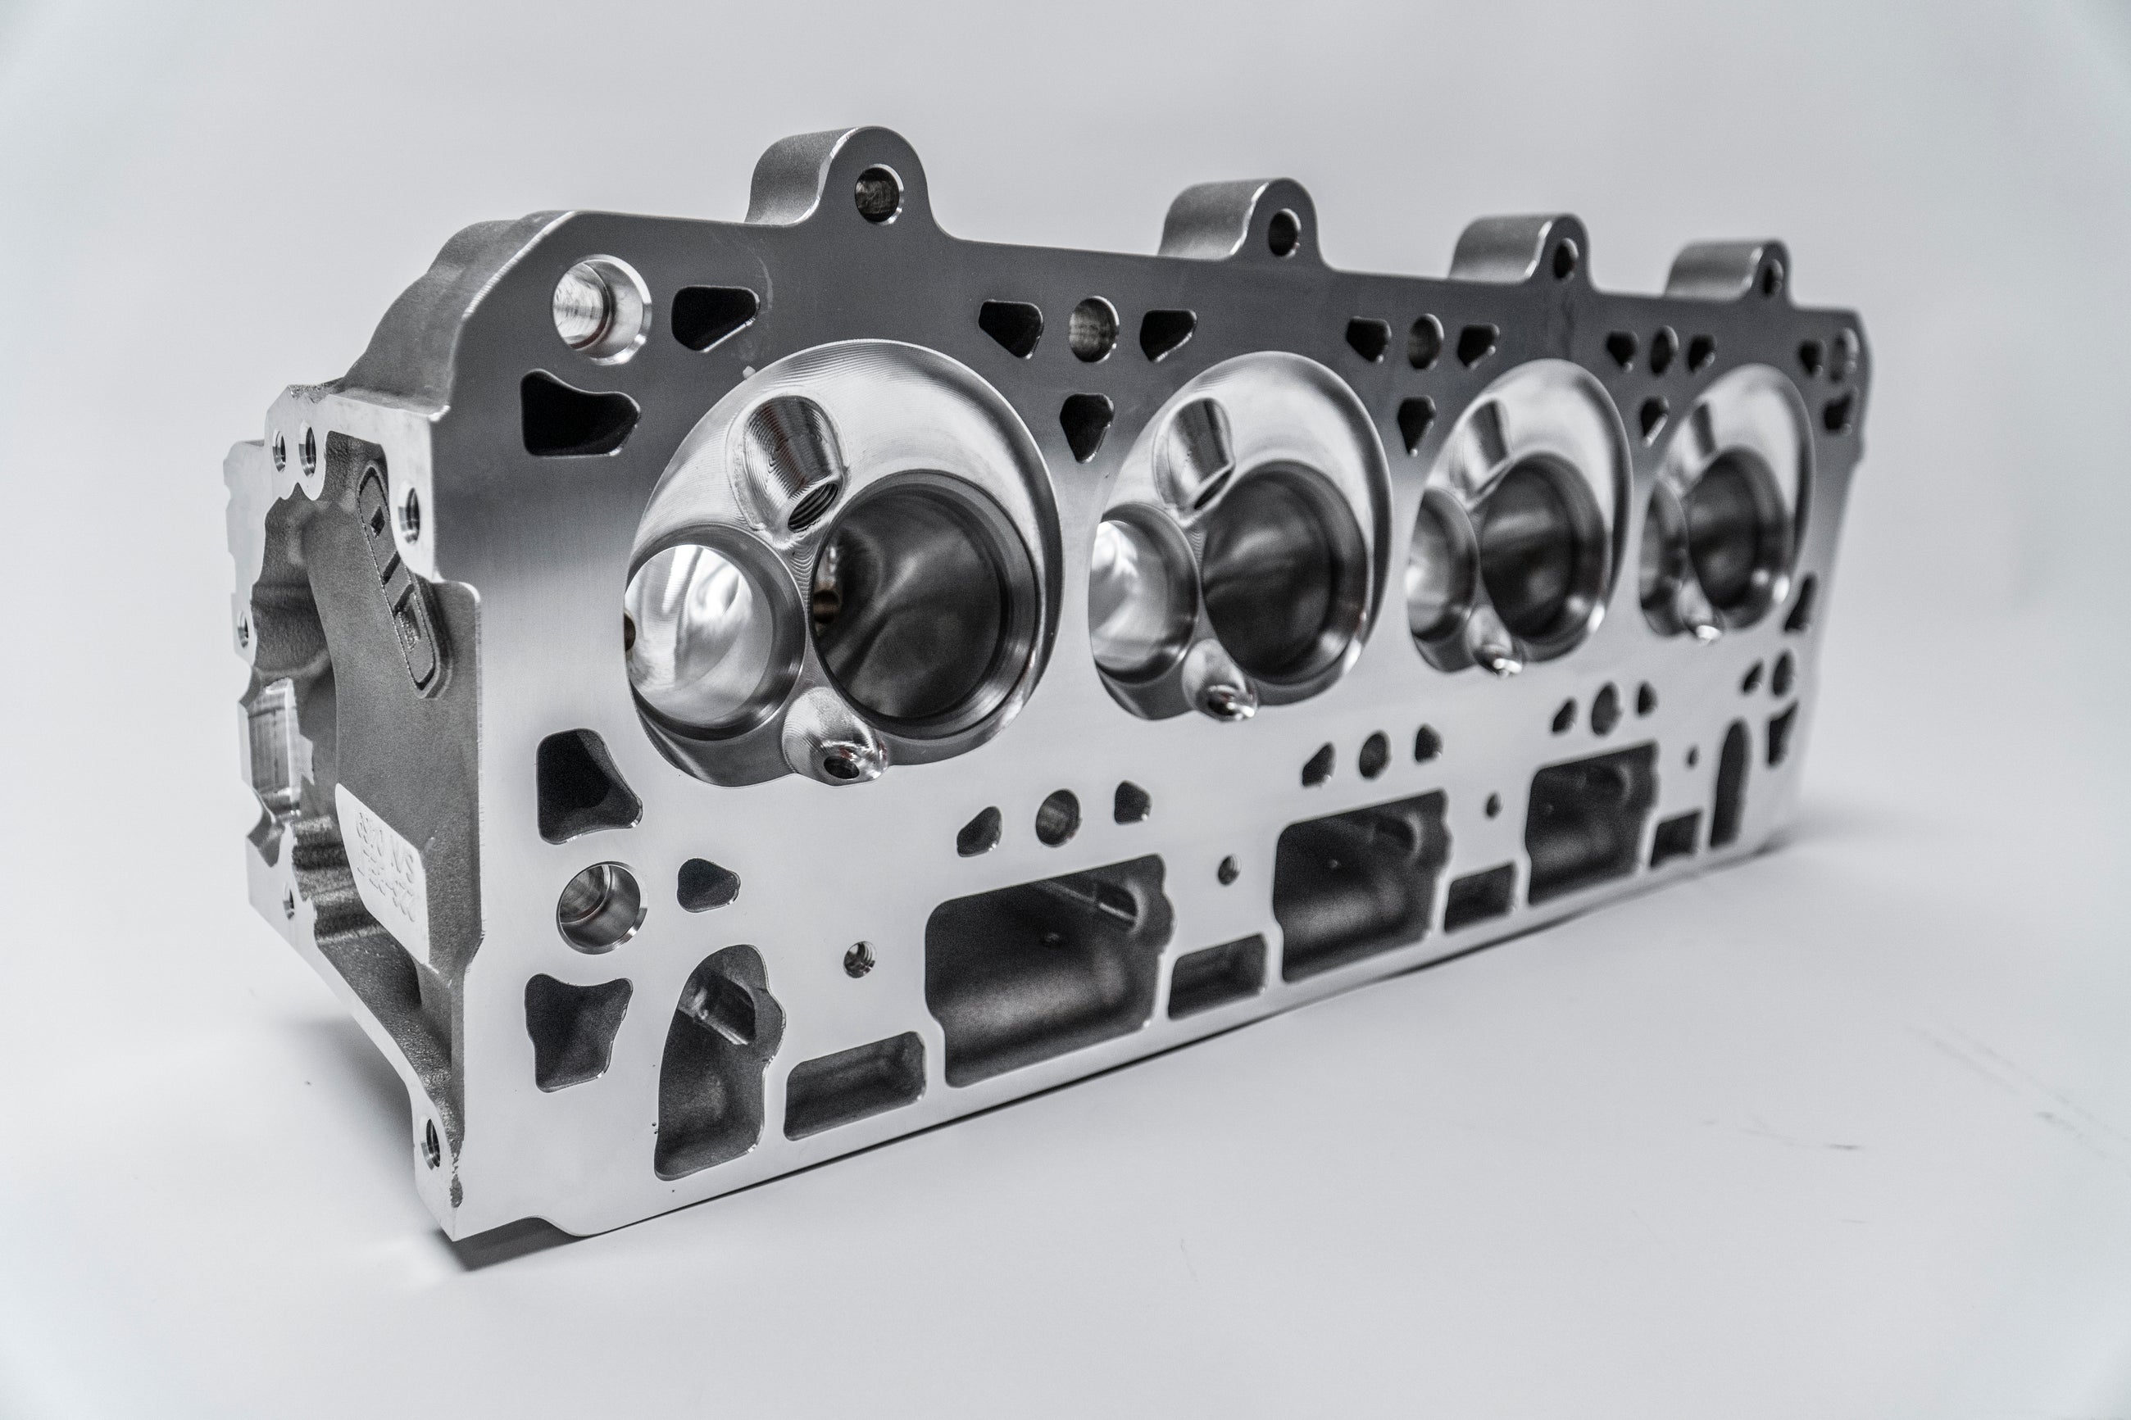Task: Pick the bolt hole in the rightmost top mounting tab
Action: pos(1770,276)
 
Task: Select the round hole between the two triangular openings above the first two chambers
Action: pos(1093,329)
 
